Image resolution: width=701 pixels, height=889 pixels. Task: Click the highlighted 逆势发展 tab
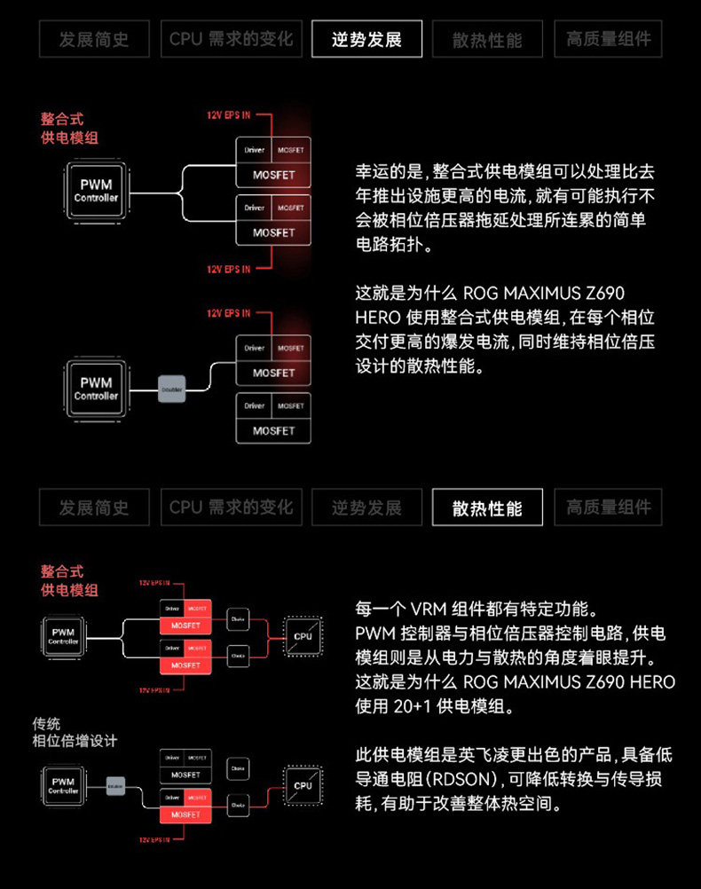tap(366, 40)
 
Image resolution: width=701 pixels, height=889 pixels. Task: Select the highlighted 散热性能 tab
tap(487, 507)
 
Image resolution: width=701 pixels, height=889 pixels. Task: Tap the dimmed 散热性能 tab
tap(487, 40)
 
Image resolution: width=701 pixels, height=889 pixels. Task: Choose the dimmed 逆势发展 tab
tap(366, 507)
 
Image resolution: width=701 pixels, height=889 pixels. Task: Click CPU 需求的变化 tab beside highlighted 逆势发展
tap(231, 40)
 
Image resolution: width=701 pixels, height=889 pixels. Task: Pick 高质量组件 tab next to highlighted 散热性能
tap(609, 507)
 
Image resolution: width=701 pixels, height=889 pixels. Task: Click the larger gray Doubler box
tap(171, 389)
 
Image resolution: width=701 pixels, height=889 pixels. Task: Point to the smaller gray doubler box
tap(115, 785)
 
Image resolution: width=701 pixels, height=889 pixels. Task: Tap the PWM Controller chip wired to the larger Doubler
tap(95, 389)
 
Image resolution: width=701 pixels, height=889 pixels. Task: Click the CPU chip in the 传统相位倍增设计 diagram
tap(303, 785)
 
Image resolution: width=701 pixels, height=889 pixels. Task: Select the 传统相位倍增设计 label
tap(75, 732)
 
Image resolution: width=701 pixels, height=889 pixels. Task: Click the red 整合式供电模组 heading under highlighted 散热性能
tap(69, 580)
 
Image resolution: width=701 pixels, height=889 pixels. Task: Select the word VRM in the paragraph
tap(429, 610)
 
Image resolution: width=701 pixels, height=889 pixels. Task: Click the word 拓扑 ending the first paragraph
tap(413, 244)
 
